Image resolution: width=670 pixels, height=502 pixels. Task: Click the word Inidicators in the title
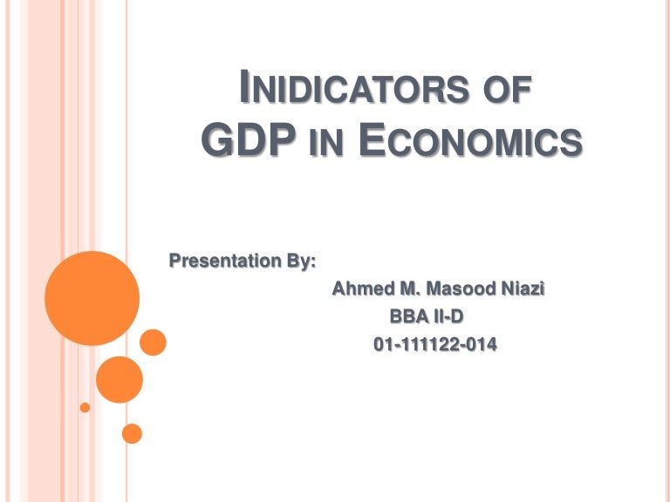click(358, 91)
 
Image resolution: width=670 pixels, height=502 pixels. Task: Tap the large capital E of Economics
click(372, 139)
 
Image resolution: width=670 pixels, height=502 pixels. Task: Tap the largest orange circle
click(92, 298)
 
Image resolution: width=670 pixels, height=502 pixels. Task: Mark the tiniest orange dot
click(85, 407)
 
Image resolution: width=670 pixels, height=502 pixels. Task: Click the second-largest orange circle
click(119, 379)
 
